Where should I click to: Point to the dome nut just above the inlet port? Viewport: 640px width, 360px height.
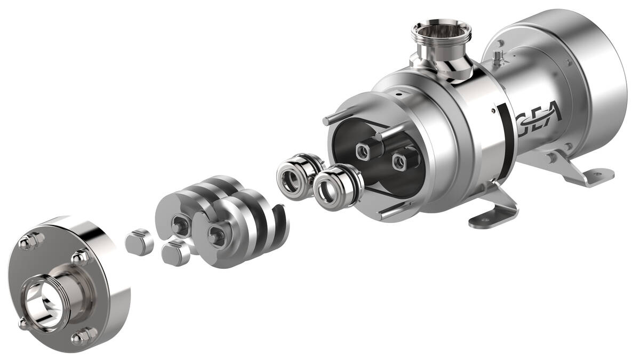pyautogui.click(x=81, y=258)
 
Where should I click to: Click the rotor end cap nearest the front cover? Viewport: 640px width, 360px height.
pyautogui.click(x=139, y=242)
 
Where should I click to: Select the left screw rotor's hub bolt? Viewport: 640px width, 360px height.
pyautogui.click(x=178, y=227)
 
